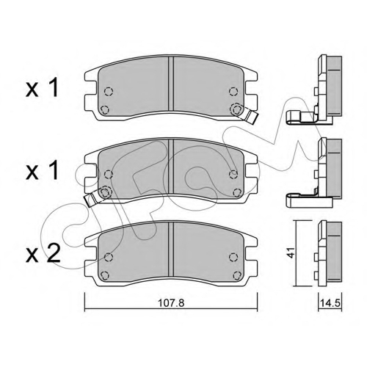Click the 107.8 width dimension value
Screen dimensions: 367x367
point(171,303)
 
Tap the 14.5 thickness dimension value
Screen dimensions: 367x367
point(330,303)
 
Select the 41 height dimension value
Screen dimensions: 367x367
point(290,252)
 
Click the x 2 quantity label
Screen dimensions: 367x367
point(43,254)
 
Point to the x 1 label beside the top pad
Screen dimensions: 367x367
point(43,87)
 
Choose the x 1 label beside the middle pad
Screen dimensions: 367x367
point(43,170)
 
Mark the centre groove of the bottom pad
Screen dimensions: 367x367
point(171,250)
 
